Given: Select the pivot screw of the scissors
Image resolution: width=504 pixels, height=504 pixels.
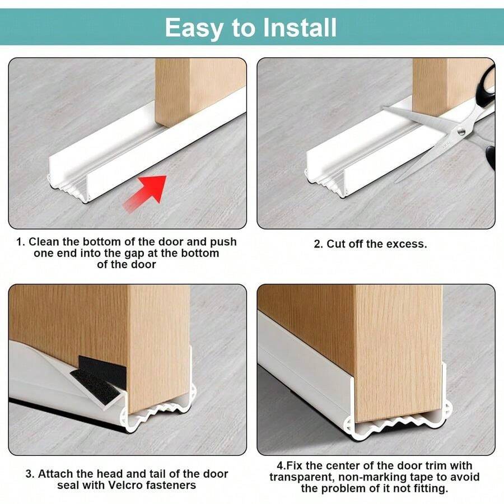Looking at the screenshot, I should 461,132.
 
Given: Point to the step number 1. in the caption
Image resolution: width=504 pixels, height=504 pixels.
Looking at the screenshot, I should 20,242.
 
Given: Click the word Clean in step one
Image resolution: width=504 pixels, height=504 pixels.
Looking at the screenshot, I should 44,242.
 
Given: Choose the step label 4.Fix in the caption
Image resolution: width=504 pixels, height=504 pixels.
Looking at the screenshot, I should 288,466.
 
